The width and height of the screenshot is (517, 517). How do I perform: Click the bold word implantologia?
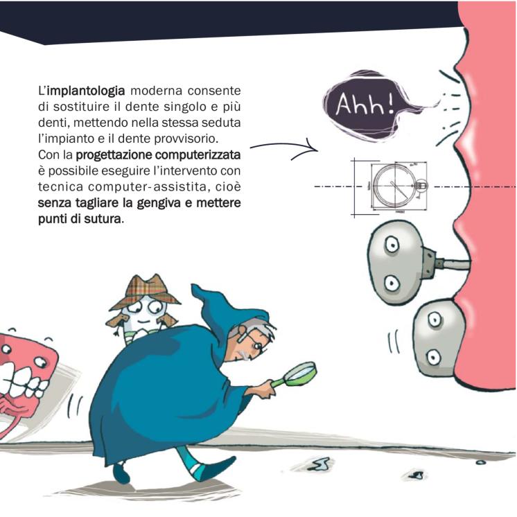coord(86,91)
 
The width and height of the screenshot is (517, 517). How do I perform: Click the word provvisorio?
coord(186,139)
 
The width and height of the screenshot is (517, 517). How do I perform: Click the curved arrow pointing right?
coord(283,145)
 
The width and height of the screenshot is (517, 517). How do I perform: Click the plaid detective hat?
coord(145,291)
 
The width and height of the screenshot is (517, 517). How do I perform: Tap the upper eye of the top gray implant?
coord(392,245)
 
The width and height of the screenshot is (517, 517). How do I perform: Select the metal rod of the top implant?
coord(453,264)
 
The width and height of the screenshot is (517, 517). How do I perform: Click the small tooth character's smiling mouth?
coord(143,322)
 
